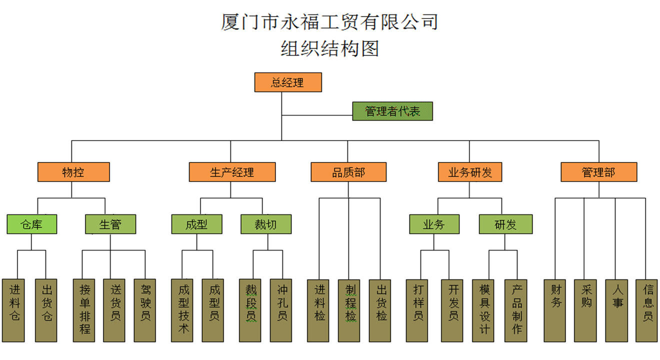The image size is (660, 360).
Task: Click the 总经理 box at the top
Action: (287, 82)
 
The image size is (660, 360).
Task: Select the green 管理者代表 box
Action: (392, 111)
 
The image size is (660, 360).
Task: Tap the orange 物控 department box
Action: (73, 172)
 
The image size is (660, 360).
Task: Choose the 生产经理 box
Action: (232, 172)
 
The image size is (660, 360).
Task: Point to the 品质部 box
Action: (348, 172)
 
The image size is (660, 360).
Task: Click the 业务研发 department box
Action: (469, 172)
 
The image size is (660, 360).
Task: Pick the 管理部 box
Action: (598, 172)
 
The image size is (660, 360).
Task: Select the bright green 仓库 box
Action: (31, 224)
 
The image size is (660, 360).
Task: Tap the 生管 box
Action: (110, 224)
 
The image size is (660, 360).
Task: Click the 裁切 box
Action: (265, 224)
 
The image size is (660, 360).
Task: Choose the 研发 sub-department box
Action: (505, 224)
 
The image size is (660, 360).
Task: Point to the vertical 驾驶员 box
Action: (145, 310)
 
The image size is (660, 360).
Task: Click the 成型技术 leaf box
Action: (183, 310)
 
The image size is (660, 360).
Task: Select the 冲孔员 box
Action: (282, 310)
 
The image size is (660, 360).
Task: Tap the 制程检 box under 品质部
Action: (350, 310)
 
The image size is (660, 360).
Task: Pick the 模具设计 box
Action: (484, 310)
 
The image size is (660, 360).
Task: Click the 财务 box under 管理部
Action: (555, 310)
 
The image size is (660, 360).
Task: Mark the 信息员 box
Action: (647, 310)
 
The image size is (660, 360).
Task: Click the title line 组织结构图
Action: (329, 48)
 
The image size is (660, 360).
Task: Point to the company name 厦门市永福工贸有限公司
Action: (329, 22)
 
